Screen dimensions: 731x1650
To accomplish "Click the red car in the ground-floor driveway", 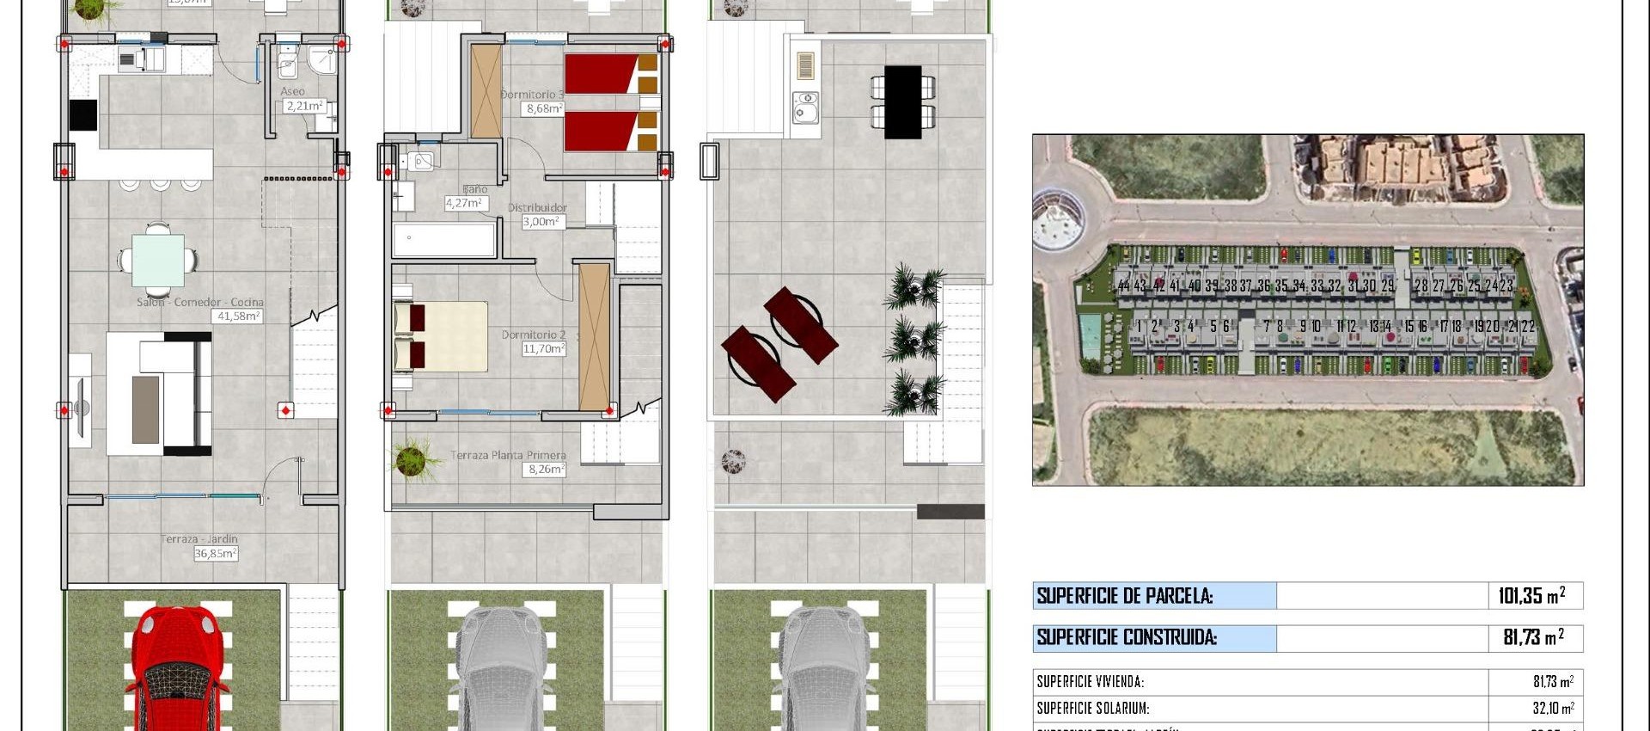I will click(178, 666).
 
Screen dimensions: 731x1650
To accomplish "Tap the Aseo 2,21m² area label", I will click(305, 106).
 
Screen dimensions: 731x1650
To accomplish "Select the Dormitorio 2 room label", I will click(534, 335).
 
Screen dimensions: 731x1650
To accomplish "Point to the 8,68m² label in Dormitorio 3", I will click(545, 109).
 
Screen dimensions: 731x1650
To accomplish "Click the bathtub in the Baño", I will click(444, 240).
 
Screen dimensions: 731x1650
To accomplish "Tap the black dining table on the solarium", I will click(902, 101).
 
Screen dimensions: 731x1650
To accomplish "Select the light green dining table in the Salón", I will click(157, 259).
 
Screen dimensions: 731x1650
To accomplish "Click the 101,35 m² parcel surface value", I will click(1531, 596).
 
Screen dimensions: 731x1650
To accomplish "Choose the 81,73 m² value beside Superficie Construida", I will click(1533, 638).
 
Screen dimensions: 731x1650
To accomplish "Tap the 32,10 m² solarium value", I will click(1553, 709).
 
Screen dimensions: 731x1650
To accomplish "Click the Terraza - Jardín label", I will click(199, 539).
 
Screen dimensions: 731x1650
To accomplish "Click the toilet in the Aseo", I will click(289, 64).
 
